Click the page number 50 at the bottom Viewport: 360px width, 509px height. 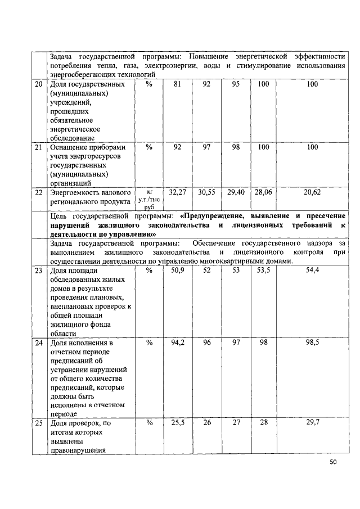click(x=333, y=462)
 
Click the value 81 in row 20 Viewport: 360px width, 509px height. click(x=178, y=84)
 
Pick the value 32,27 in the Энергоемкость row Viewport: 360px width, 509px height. click(x=178, y=192)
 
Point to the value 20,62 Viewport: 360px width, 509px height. click(x=312, y=192)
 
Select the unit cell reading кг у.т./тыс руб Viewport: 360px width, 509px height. click(x=149, y=200)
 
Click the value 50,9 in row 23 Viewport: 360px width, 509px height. click(x=178, y=271)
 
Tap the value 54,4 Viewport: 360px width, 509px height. click(x=312, y=271)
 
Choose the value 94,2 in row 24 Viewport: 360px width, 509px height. click(x=178, y=342)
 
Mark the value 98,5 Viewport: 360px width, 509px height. click(x=312, y=342)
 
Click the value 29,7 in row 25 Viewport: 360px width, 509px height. click(x=312, y=422)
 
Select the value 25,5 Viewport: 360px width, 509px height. click(x=178, y=422)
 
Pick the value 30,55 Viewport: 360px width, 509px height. click(x=207, y=192)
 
